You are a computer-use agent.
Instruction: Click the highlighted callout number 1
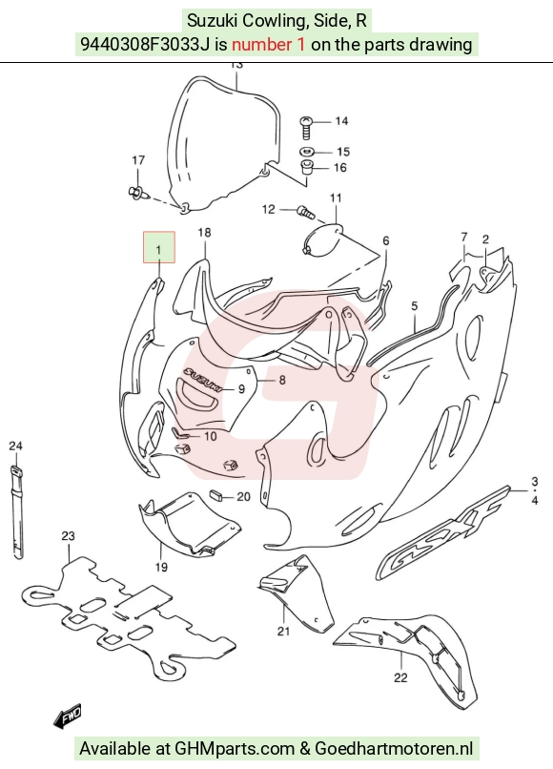click(158, 250)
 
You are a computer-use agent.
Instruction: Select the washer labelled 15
click(307, 152)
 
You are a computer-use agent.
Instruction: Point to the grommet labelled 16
click(307, 167)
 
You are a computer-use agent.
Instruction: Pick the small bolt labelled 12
click(304, 212)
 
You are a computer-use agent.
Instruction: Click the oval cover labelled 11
click(322, 239)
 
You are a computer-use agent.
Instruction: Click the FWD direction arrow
click(67, 716)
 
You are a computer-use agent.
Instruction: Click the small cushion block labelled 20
click(216, 494)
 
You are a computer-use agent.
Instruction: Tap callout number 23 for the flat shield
click(68, 535)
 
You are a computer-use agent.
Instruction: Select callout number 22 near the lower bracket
click(400, 677)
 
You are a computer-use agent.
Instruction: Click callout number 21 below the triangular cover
click(283, 632)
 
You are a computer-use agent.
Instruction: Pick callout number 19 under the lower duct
click(161, 567)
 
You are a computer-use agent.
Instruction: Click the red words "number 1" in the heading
click(268, 45)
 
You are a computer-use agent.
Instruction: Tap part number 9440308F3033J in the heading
click(146, 45)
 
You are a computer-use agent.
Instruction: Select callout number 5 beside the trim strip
click(414, 306)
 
